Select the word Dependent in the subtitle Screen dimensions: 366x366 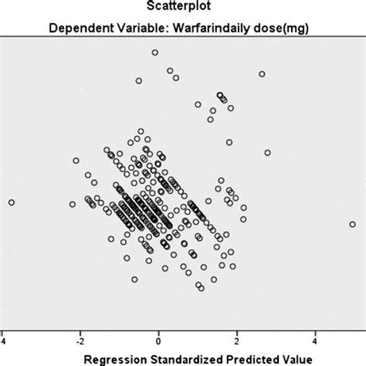click(76, 30)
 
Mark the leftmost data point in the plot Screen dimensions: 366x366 click(12, 202)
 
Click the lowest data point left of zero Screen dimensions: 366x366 click(134, 280)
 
